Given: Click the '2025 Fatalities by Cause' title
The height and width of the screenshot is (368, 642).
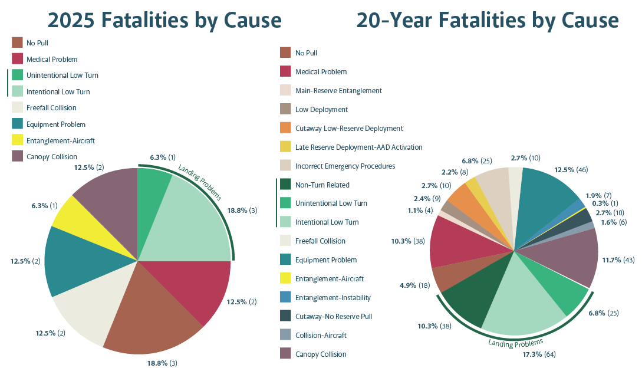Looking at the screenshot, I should (164, 20).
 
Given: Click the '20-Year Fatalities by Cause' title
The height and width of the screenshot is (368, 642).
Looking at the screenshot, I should (487, 20).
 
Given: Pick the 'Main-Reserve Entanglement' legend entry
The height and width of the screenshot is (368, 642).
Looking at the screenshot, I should (338, 91).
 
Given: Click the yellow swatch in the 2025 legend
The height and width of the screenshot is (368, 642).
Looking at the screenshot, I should (17, 141).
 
